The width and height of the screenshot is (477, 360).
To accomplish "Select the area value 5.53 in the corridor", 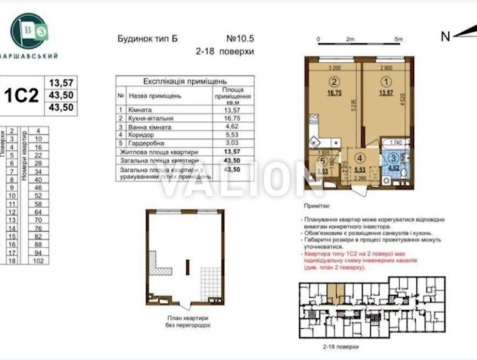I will [x=360, y=171].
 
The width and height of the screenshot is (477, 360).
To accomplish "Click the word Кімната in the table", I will [x=142, y=111].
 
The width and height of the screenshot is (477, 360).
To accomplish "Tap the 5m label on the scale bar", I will [x=397, y=38].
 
